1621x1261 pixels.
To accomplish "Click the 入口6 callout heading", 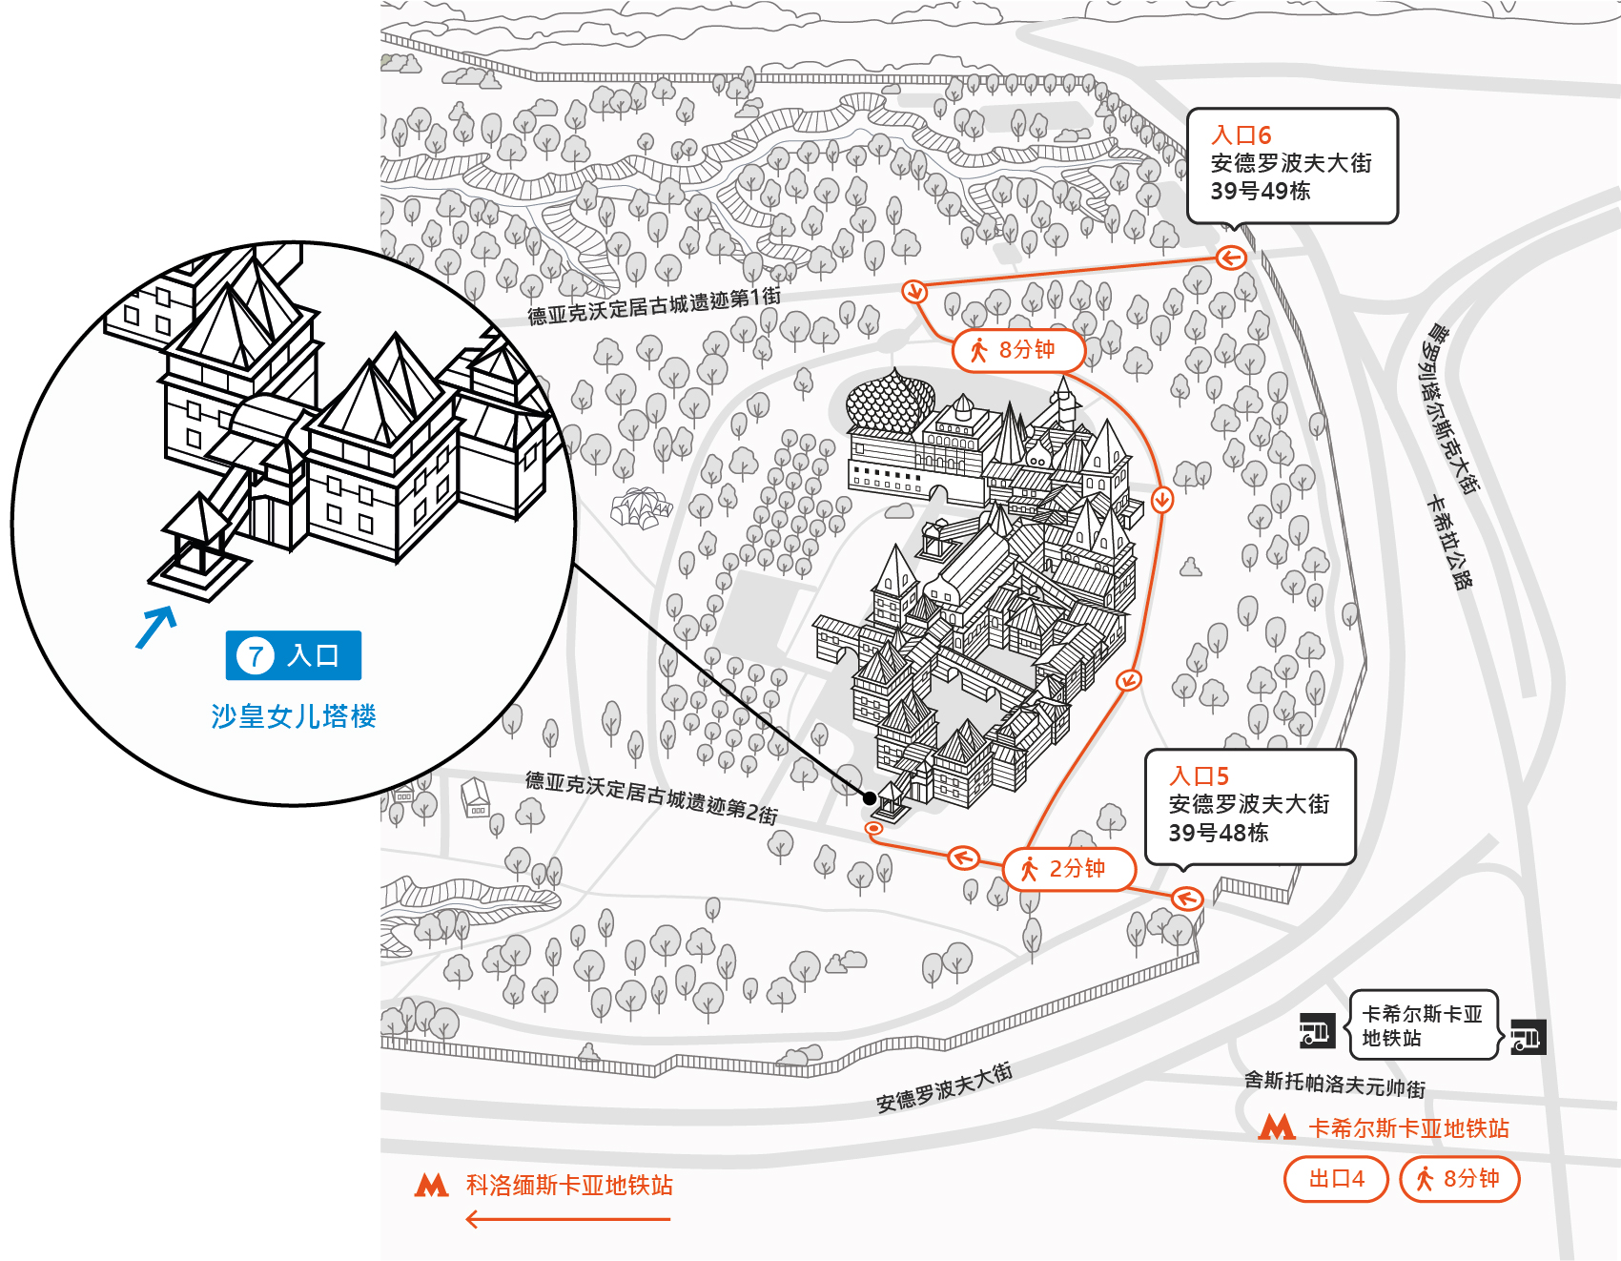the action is pyautogui.click(x=1241, y=135).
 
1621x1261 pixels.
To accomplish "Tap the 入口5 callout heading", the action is pyautogui.click(x=1200, y=776).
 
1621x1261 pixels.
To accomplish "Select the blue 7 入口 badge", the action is pyautogui.click(x=294, y=655).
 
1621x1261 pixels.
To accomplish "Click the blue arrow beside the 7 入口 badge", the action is pyautogui.click(x=156, y=627).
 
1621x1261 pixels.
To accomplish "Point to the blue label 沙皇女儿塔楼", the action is pyautogui.click(x=294, y=716).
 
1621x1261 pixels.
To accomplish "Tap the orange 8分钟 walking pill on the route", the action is pyautogui.click(x=1018, y=350).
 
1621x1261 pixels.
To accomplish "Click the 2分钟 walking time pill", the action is pyautogui.click(x=1070, y=869).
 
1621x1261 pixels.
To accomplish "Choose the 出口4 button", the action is pyautogui.click(x=1336, y=1179).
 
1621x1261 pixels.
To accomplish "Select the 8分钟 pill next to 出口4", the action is pyautogui.click(x=1459, y=1179).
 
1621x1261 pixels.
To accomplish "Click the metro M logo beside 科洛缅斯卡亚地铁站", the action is pyautogui.click(x=431, y=1185).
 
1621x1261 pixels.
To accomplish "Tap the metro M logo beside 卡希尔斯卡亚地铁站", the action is pyautogui.click(x=1277, y=1127).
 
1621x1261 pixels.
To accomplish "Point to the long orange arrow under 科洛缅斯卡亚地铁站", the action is pyautogui.click(x=567, y=1219).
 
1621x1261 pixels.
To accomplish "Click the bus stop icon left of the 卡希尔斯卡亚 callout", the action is pyautogui.click(x=1317, y=1030).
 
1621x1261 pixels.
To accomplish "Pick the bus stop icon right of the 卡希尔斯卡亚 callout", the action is pyautogui.click(x=1529, y=1037).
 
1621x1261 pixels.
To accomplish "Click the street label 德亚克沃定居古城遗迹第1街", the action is pyautogui.click(x=654, y=306).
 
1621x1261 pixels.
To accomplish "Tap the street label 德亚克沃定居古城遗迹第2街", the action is pyautogui.click(x=651, y=797).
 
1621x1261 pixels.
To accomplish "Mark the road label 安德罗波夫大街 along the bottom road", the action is pyautogui.click(x=944, y=1087).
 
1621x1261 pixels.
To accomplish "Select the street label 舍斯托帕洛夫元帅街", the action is pyautogui.click(x=1335, y=1084).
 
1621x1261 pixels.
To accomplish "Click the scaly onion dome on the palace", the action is pyautogui.click(x=890, y=401).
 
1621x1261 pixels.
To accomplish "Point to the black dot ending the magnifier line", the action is pyautogui.click(x=869, y=798).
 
